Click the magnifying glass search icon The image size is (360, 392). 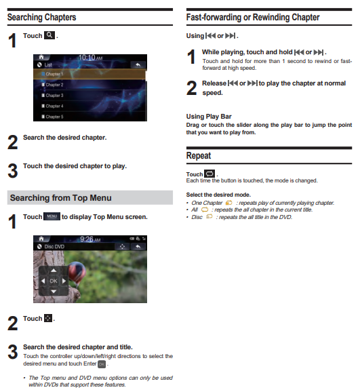click(49, 35)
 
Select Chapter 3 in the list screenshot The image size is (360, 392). click(54, 95)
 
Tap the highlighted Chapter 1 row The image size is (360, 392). click(89, 74)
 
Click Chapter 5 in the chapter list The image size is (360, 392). click(54, 117)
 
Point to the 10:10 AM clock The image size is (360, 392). click(90, 58)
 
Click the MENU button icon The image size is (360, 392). click(52, 216)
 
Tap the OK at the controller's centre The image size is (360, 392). click(54, 281)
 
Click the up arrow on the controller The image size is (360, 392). click(54, 270)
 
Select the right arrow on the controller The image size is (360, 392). click(64, 281)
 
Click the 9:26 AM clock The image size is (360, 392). click(90, 239)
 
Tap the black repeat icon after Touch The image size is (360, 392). click(209, 174)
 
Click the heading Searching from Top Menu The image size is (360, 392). click(61, 198)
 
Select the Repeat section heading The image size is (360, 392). click(199, 155)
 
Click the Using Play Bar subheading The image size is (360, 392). click(209, 116)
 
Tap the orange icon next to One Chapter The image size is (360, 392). click(228, 203)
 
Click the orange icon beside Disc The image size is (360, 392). click(209, 216)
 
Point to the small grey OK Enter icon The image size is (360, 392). click(102, 364)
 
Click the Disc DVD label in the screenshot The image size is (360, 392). click(54, 246)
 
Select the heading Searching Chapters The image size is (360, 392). click(42, 17)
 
